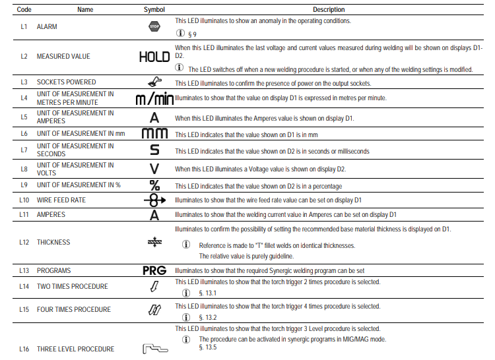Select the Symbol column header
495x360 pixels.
154,10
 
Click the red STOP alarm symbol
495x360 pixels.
154,27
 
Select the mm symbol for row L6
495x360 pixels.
154,133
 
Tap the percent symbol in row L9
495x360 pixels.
154,185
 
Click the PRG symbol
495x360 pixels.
154,271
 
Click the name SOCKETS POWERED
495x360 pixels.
66,83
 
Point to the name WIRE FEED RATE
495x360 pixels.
61,200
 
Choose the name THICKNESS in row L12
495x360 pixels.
53,243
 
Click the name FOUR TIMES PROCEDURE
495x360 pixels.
74,310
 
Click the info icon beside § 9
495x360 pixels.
180,34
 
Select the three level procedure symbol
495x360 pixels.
154,348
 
